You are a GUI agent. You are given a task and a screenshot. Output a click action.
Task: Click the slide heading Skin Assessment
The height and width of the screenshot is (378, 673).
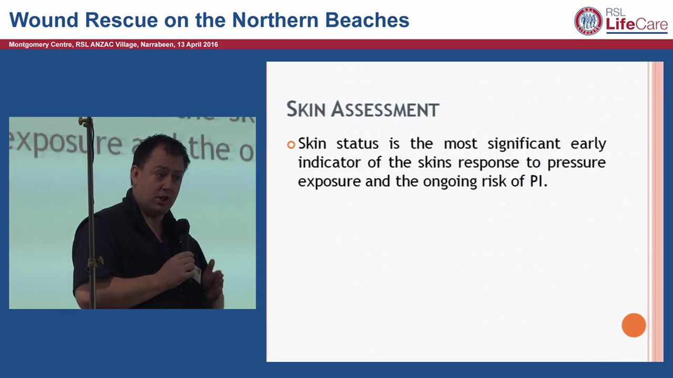tap(362, 109)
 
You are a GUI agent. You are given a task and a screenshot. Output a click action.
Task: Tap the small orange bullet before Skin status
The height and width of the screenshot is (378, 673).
tap(291, 145)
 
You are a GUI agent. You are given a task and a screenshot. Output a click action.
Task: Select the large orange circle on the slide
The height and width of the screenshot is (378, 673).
tap(634, 325)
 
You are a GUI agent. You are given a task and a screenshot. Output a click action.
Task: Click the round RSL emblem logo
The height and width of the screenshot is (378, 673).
tap(588, 21)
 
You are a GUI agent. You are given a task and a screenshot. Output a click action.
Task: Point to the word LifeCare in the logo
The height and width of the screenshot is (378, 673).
tap(637, 25)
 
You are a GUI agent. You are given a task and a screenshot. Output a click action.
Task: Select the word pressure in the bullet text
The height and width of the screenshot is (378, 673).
tap(576, 163)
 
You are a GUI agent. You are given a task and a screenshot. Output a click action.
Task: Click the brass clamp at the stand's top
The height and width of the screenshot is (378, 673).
tap(86, 122)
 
